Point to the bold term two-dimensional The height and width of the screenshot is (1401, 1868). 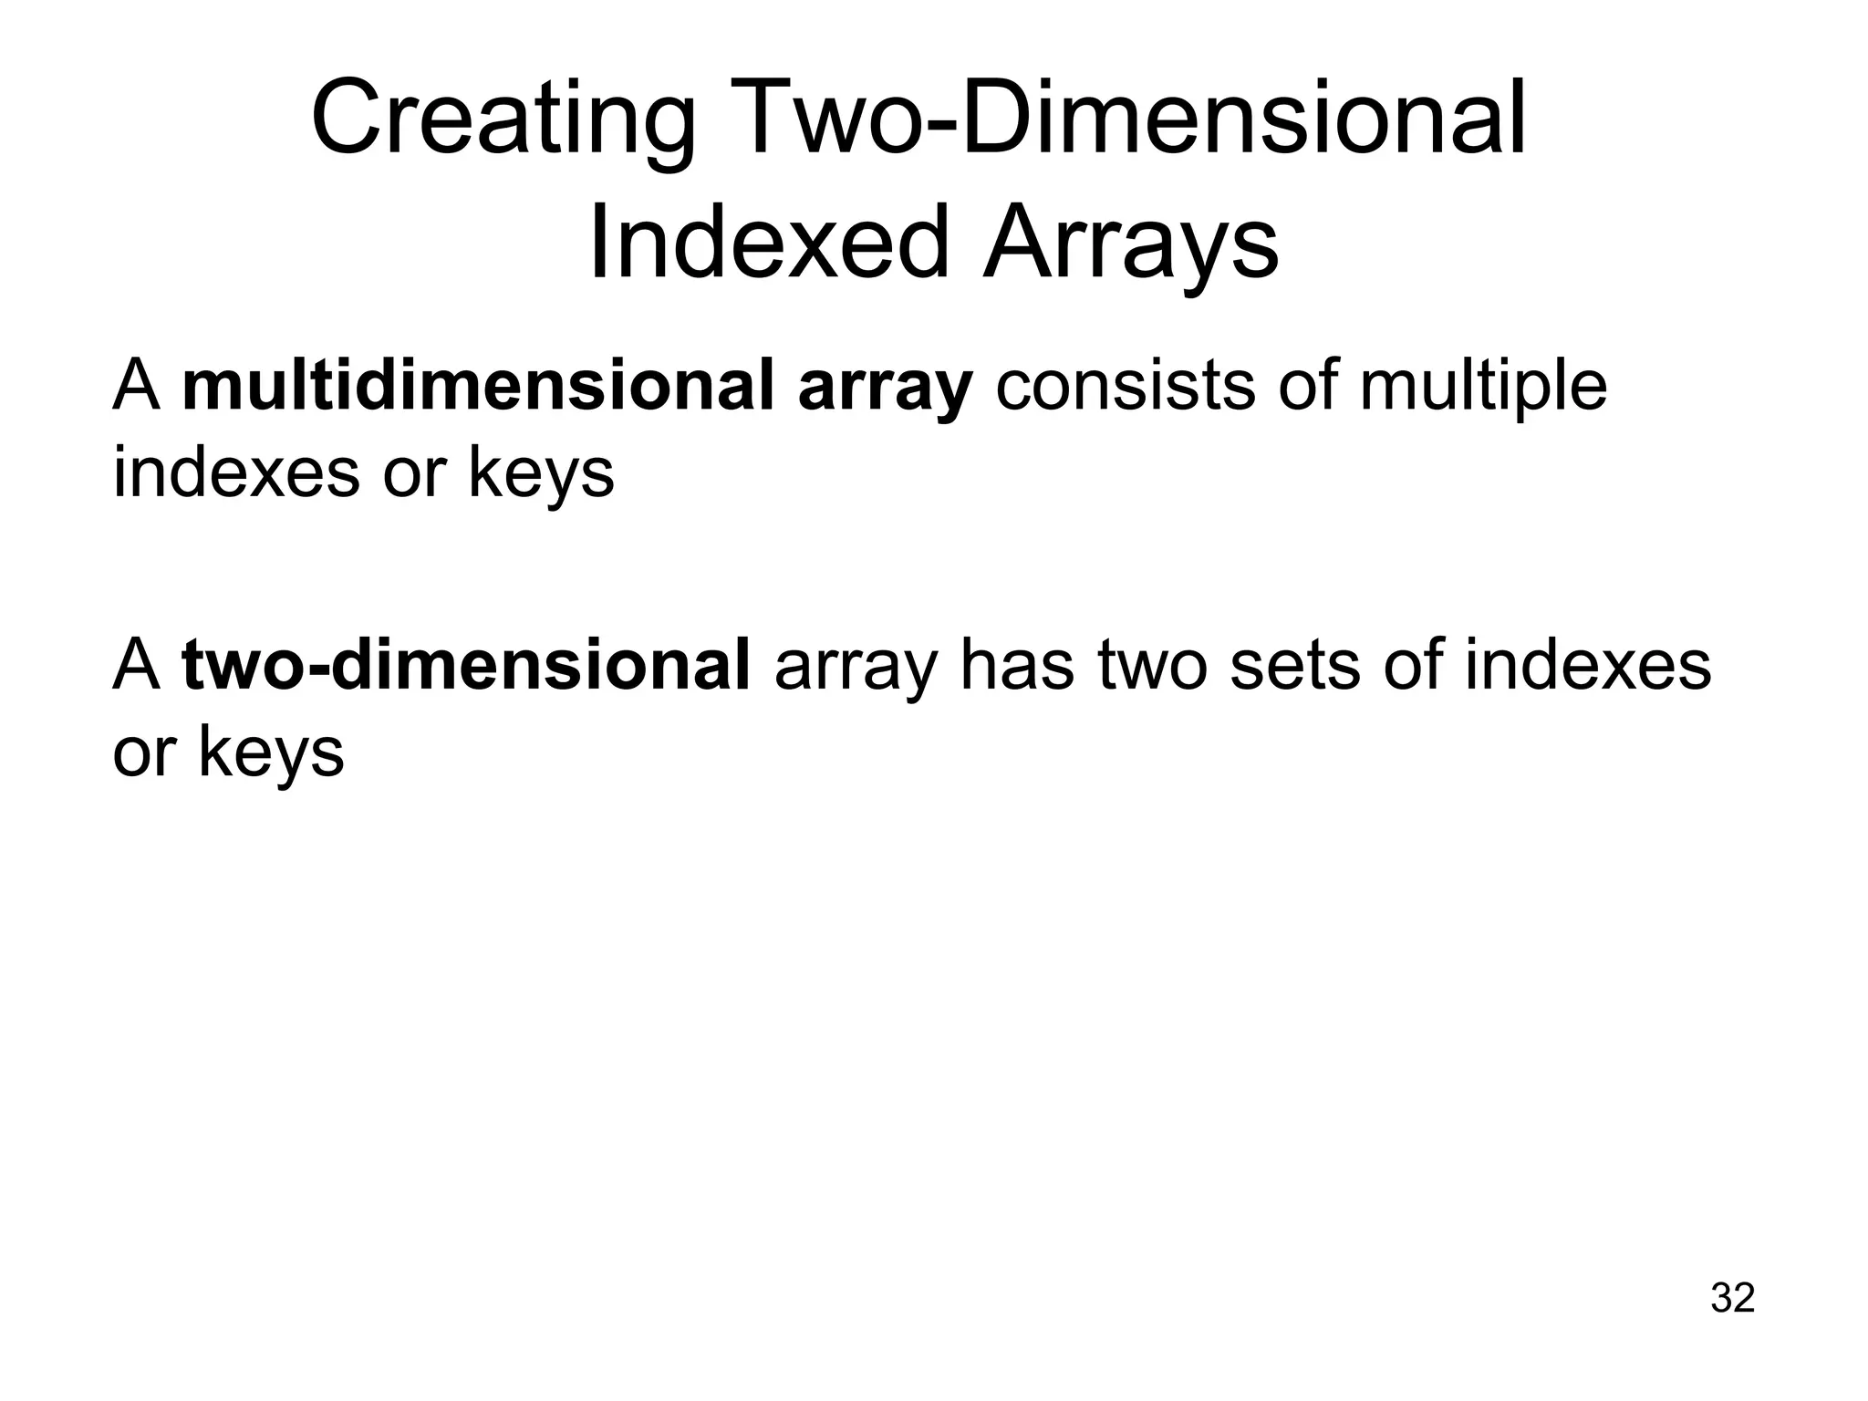[x=466, y=667]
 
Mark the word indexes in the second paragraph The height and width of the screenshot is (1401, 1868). [x=1588, y=667]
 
